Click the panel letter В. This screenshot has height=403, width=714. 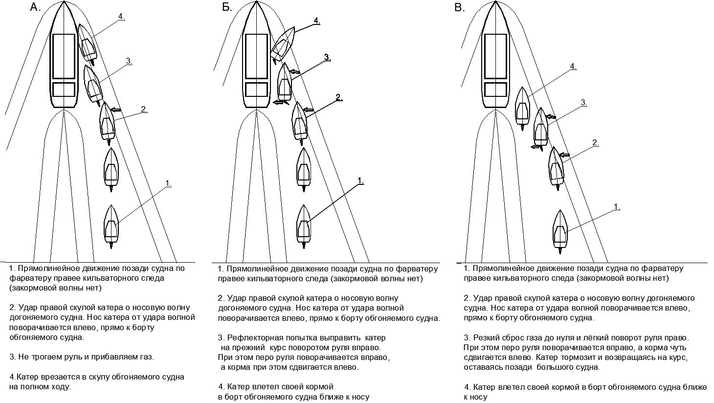coord(460,7)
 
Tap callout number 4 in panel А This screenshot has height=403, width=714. coord(121,16)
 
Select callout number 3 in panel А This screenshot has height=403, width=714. coord(129,61)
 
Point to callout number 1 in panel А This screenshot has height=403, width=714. coord(168,183)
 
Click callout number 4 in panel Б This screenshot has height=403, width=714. coord(316,21)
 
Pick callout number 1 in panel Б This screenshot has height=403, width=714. coord(360,180)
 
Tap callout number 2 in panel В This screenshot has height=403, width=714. coord(595,142)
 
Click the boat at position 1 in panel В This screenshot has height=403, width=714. coord(560,230)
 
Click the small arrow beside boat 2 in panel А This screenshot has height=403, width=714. coord(115,109)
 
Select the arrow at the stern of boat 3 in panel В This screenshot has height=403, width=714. coord(536,146)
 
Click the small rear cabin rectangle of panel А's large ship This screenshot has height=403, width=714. coord(64,90)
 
